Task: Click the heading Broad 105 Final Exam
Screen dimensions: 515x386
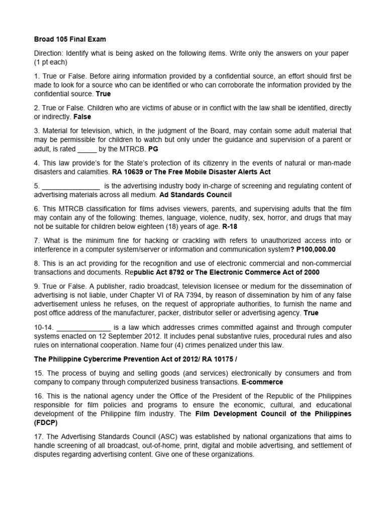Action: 70,39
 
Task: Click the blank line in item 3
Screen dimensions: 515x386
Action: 87,149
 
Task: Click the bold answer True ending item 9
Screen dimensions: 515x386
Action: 311,313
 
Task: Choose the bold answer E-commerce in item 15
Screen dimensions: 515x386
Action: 262,382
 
